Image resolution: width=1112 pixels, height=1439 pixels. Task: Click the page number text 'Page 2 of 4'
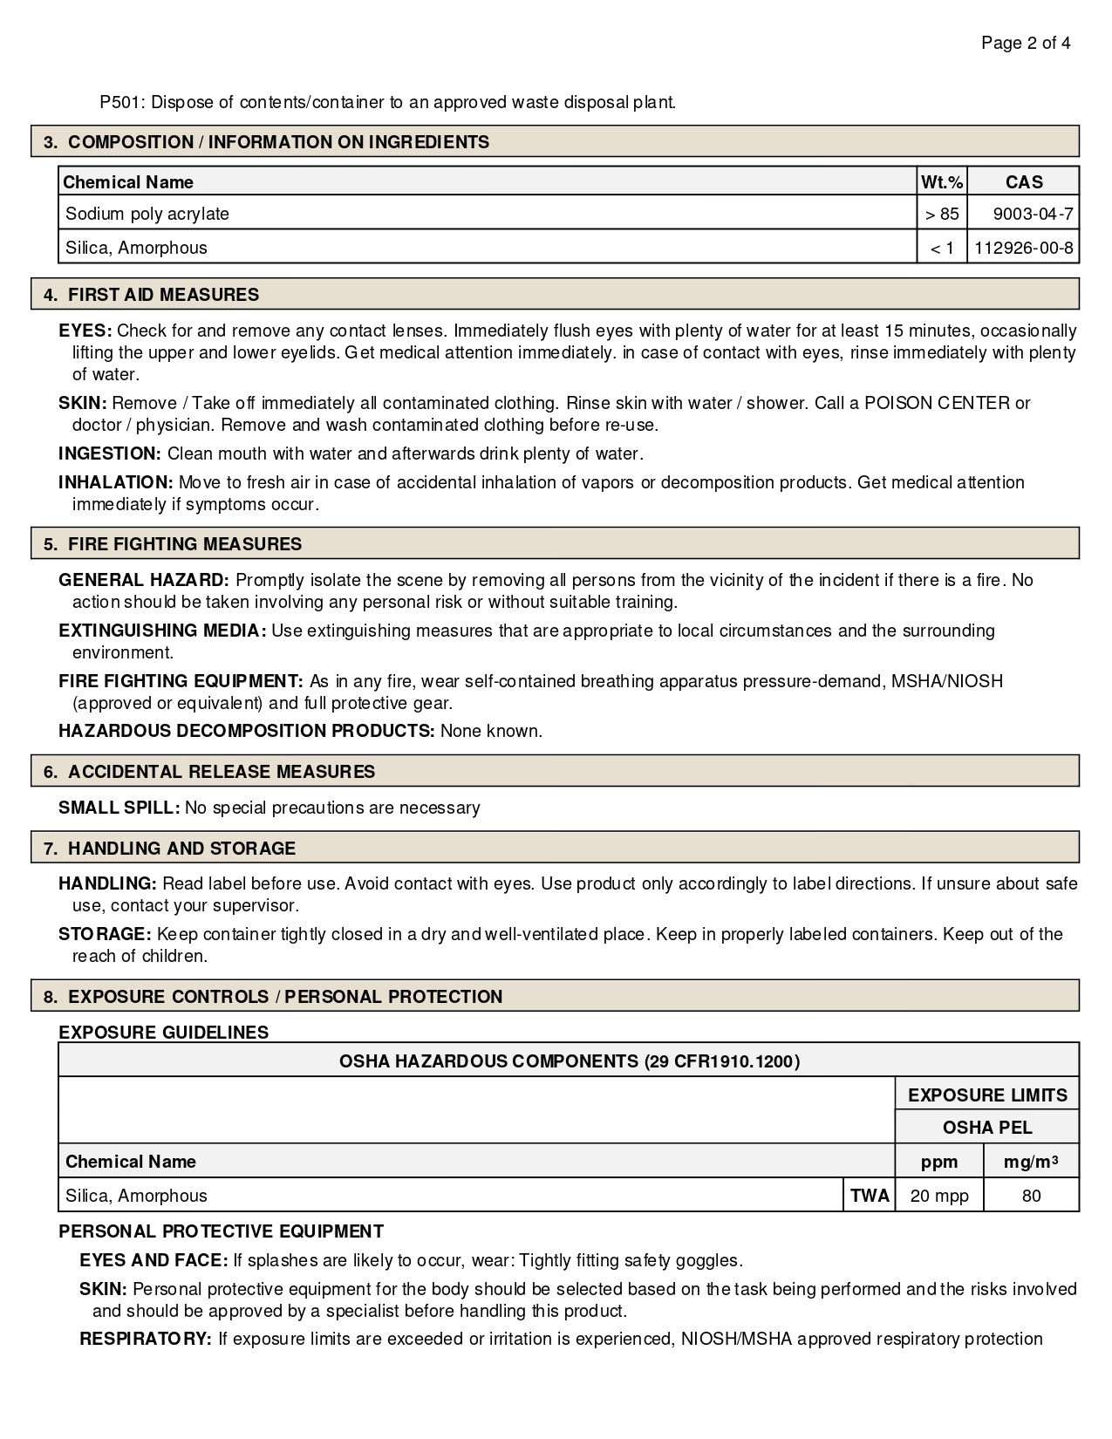(x=1026, y=43)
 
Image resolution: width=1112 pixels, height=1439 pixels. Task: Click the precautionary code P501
(x=122, y=102)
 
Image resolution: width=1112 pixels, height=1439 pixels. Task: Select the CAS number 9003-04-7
(x=1033, y=214)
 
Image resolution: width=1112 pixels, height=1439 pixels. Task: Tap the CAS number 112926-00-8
(x=1023, y=248)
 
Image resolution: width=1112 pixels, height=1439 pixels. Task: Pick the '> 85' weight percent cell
(x=942, y=214)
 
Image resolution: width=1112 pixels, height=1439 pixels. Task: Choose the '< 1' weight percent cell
(x=942, y=248)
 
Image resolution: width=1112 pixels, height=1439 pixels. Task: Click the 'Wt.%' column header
(x=942, y=181)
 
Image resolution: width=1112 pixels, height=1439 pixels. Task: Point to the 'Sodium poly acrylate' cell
(x=147, y=214)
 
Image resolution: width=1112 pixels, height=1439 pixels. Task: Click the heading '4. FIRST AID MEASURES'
(x=151, y=295)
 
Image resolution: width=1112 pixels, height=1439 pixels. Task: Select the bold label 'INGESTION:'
(x=110, y=454)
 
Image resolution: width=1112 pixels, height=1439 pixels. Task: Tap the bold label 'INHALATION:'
(x=116, y=482)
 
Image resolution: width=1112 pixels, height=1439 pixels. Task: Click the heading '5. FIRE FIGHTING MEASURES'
(x=173, y=544)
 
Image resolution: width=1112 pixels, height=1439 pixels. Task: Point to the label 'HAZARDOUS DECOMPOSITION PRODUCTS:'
(x=246, y=731)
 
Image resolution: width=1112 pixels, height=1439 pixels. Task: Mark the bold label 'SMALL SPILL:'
(x=119, y=808)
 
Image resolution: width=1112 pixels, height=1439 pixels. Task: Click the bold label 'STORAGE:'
(x=105, y=934)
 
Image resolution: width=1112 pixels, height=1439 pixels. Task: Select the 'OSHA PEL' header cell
(x=987, y=1128)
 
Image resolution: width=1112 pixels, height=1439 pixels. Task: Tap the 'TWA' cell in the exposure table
(x=870, y=1196)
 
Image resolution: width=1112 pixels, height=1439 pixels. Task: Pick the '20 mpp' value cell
(x=939, y=1196)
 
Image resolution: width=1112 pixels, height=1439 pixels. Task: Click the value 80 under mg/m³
(x=1031, y=1196)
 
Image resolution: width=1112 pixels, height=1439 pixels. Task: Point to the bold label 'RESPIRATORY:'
(x=146, y=1339)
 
